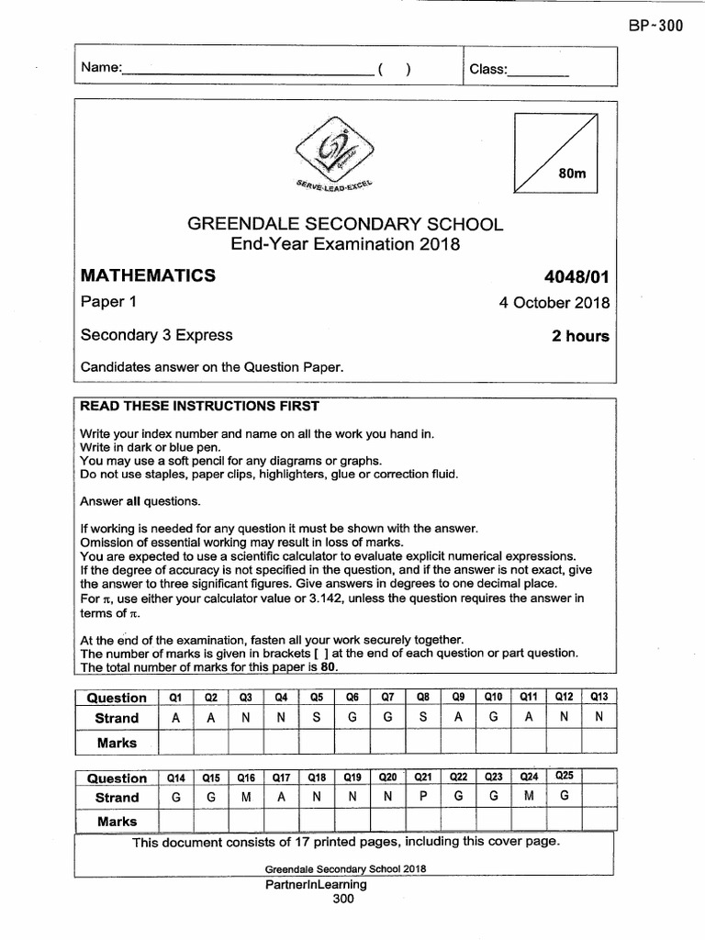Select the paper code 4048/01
tap(576, 276)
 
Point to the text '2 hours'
tap(580, 336)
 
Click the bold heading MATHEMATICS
tap(148, 275)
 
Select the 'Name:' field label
tap(101, 68)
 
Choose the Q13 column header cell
tap(599, 697)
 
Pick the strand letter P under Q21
tap(423, 798)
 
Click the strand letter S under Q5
tap(317, 718)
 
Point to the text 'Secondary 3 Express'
tap(157, 335)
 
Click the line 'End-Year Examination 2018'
tap(344, 244)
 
